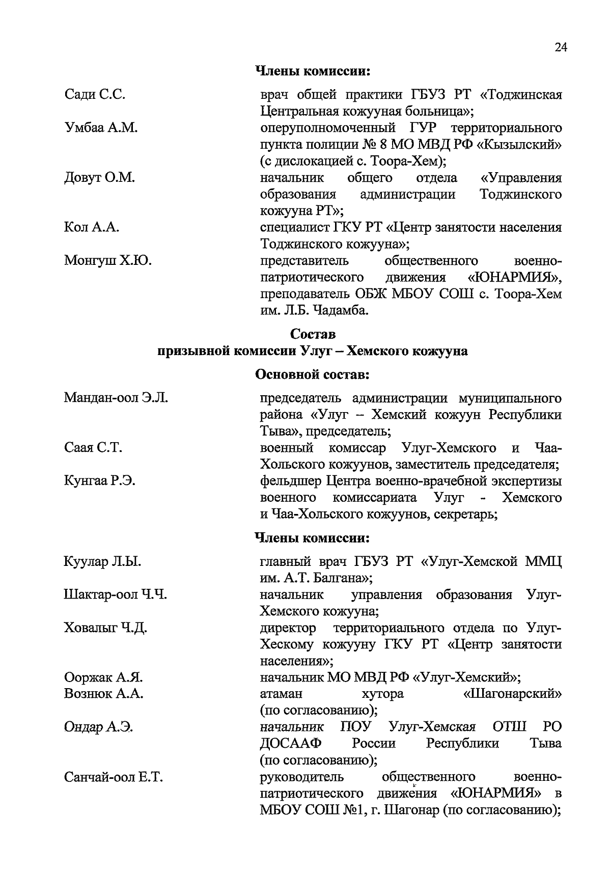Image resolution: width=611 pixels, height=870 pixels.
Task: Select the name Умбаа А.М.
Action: coord(101,128)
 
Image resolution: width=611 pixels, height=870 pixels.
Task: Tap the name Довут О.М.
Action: coord(99,178)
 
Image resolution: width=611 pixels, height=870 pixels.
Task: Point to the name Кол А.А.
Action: coord(92,227)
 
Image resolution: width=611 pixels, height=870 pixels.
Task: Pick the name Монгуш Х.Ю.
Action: coord(107,261)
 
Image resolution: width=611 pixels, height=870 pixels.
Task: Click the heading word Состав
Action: coord(313,334)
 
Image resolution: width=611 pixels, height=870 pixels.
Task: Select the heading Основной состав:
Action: coord(312,375)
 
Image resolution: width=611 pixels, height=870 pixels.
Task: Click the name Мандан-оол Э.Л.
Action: coord(116,398)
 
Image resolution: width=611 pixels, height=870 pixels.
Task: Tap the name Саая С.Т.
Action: coord(93,448)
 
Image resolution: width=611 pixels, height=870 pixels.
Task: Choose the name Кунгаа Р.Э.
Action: coord(99,481)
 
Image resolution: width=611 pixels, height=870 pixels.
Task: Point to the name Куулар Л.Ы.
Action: coord(102,562)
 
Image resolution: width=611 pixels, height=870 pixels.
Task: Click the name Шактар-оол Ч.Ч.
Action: coord(116,595)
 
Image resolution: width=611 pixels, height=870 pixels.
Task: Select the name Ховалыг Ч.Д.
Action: coord(105,628)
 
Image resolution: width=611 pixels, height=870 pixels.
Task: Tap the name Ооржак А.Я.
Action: coord(103,677)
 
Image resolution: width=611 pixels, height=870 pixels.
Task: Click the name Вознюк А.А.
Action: coord(104,694)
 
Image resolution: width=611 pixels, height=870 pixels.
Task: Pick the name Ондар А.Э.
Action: coord(98,727)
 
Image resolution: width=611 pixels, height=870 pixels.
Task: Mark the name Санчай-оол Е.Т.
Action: coord(114,777)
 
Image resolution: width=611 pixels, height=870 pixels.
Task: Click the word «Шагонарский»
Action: coord(512,694)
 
